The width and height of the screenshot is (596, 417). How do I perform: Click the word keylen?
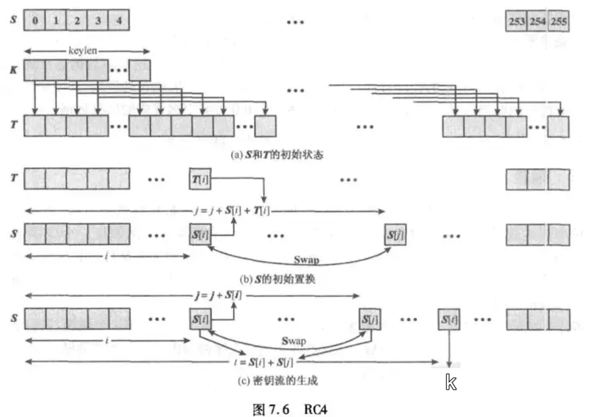[x=84, y=51]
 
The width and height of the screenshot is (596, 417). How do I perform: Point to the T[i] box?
[x=201, y=179]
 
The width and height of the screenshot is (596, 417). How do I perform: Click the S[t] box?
[x=449, y=317]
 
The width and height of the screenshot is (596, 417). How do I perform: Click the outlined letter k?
[x=451, y=383]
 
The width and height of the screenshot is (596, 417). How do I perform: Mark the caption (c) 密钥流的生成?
[x=278, y=381]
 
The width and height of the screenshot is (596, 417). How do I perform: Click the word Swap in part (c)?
[x=293, y=341]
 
